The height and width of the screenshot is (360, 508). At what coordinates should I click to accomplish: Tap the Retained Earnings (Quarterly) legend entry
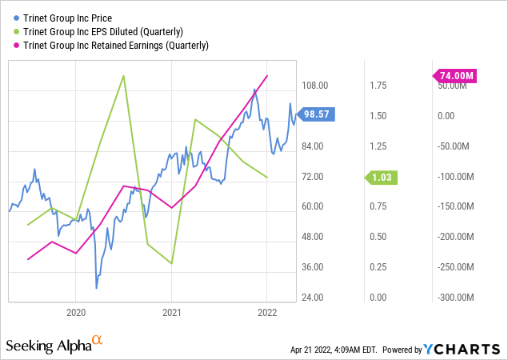[114, 45]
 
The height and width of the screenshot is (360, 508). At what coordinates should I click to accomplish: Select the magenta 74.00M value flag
[456, 75]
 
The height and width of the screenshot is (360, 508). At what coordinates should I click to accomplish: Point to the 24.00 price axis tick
[314, 298]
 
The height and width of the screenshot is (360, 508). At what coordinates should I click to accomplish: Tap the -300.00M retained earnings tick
[455, 298]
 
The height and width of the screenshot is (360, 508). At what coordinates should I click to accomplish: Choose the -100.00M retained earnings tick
[455, 176]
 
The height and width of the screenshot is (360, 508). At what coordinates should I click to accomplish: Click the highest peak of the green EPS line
[124, 76]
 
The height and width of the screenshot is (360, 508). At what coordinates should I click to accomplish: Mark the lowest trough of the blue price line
[97, 287]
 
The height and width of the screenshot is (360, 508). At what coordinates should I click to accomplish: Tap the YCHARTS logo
[463, 349]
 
